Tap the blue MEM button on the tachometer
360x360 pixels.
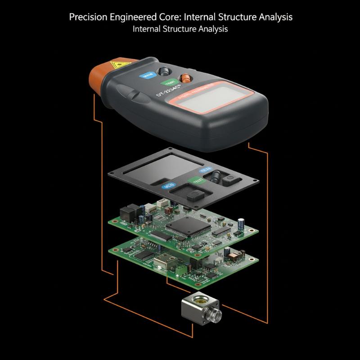tap(147, 75)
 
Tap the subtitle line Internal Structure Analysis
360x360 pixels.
tap(180, 29)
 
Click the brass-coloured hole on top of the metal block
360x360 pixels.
tap(196, 299)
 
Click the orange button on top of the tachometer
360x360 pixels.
tap(184, 77)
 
